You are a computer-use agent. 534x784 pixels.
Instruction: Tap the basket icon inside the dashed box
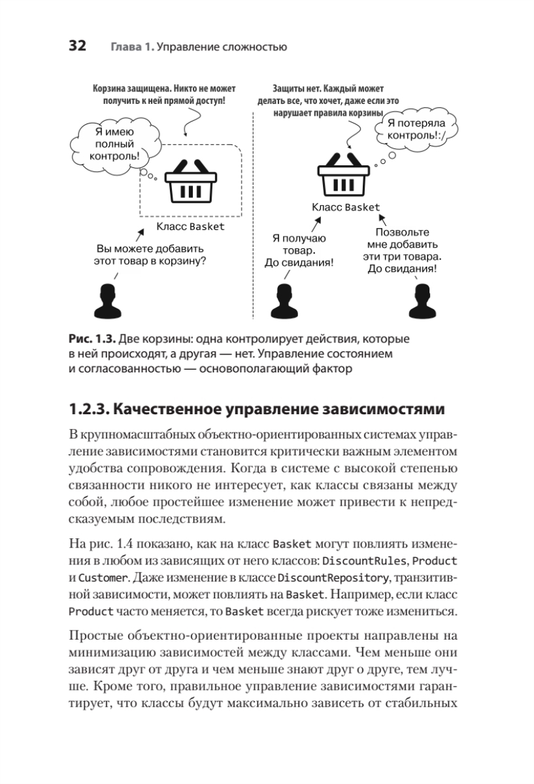click(190, 185)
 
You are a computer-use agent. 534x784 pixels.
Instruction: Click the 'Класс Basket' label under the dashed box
click(190, 227)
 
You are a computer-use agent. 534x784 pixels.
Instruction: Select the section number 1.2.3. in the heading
click(89, 410)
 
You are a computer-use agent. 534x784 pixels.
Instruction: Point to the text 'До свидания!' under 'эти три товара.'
click(403, 269)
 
